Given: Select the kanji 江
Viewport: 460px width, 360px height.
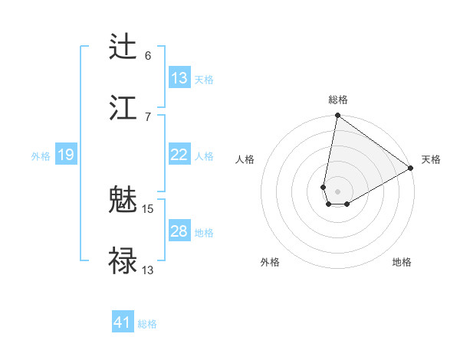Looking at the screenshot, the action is point(123,106).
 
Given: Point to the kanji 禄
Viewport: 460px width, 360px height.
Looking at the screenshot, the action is point(123,260).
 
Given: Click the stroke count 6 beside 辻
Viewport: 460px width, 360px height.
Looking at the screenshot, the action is point(148,56).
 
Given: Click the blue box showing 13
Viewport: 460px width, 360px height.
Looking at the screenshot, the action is point(179,78).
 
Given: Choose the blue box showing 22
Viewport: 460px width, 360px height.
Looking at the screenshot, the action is point(179,155).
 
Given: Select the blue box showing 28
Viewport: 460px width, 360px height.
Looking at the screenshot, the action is point(179,231).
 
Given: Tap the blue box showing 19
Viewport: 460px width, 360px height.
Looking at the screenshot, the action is point(66,155).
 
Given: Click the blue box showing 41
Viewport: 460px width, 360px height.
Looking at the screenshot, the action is point(123,322).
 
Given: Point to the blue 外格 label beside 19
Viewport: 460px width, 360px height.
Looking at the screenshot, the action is point(41,155).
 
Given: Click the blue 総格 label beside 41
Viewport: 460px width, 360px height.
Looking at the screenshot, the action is point(147,324).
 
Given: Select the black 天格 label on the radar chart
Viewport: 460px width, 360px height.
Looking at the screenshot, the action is point(431,159).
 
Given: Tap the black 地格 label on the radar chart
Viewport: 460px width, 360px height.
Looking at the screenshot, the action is point(402,262).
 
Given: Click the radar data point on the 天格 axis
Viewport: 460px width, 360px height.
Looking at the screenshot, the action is point(411,169).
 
